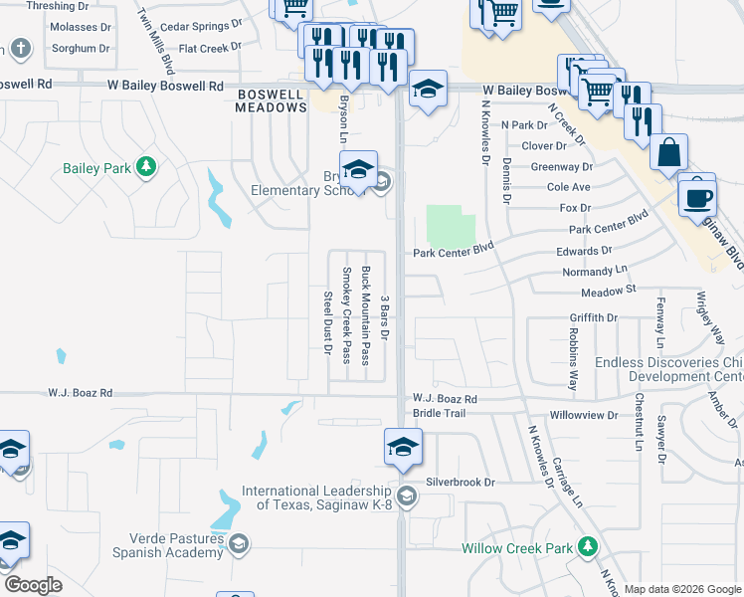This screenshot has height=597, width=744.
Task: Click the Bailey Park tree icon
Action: (146, 167)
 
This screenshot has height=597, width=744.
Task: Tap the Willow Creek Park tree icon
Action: (588, 547)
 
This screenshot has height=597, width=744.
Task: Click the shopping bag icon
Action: (669, 153)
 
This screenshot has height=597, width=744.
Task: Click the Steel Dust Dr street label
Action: (327, 321)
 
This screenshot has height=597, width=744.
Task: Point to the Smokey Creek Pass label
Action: (347, 314)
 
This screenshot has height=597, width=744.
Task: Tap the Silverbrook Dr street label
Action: (461, 482)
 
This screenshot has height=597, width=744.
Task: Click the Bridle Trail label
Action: (439, 412)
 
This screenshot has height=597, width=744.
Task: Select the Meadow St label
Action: (608, 291)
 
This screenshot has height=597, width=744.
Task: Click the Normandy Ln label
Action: (595, 270)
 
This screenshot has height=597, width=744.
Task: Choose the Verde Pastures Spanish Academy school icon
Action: (238, 543)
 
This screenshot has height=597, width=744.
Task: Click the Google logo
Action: (33, 584)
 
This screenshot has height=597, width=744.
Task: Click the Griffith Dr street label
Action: (594, 317)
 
